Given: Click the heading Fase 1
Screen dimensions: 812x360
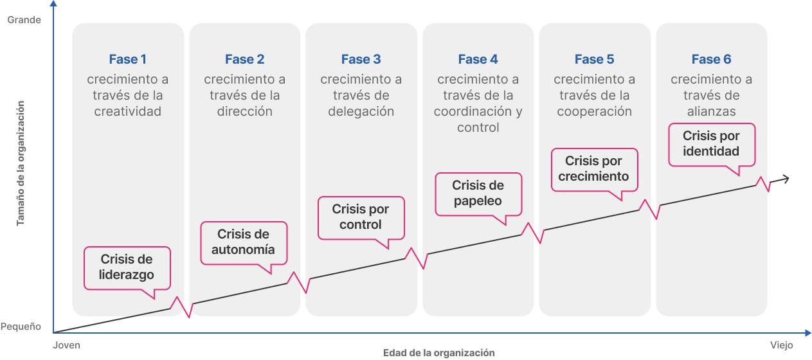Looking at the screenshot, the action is click(127, 59).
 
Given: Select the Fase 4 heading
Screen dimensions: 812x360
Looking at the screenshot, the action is click(478, 59).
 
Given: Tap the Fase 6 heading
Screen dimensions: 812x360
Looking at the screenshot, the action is click(711, 59).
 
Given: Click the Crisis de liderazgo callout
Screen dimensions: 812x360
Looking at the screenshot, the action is click(127, 268).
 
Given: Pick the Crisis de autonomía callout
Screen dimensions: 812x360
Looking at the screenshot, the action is click(244, 243).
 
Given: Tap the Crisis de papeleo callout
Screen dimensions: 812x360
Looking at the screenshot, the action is click(478, 194).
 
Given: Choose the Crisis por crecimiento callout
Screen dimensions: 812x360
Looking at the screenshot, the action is click(594, 170).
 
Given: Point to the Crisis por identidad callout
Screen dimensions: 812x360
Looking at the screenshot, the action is click(712, 145).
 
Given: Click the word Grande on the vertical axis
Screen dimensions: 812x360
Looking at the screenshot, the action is click(24, 20).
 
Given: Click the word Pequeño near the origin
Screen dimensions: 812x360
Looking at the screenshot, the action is click(21, 327).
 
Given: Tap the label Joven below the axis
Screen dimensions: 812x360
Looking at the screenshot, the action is click(66, 345).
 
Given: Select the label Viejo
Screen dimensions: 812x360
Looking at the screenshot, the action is click(782, 345).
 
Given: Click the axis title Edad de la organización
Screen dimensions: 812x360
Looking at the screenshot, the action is click(438, 353).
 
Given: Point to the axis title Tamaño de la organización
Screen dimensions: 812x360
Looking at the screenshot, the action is click(21, 163).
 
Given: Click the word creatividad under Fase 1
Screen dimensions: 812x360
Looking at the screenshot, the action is click(127, 111).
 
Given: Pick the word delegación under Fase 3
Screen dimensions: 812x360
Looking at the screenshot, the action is click(361, 111).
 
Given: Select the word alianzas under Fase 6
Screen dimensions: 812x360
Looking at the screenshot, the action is click(711, 111).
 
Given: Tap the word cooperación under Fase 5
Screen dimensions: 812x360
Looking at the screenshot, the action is click(595, 111).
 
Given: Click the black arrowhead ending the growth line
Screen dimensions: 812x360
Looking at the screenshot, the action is click(785, 179).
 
